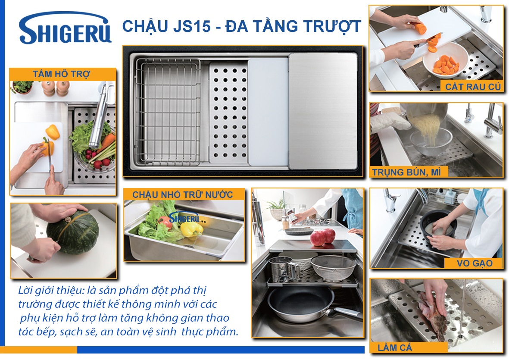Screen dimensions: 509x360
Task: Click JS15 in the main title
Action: tap(192, 26)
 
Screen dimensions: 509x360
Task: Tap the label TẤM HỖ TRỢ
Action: tap(61, 74)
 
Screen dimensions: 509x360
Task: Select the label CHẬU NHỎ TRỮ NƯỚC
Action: tap(182, 194)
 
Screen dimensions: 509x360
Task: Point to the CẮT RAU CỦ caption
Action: tap(473, 87)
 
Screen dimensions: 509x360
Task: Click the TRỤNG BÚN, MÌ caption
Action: tap(406, 172)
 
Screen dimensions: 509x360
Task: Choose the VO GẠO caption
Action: tap(475, 263)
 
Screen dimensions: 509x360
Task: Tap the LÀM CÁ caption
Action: tap(395, 347)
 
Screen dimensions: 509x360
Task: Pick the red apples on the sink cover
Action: tap(323, 237)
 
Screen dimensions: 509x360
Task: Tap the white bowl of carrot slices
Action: tap(445, 60)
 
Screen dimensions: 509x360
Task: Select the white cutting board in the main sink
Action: tap(269, 112)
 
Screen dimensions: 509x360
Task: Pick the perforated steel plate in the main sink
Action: tap(228, 113)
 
